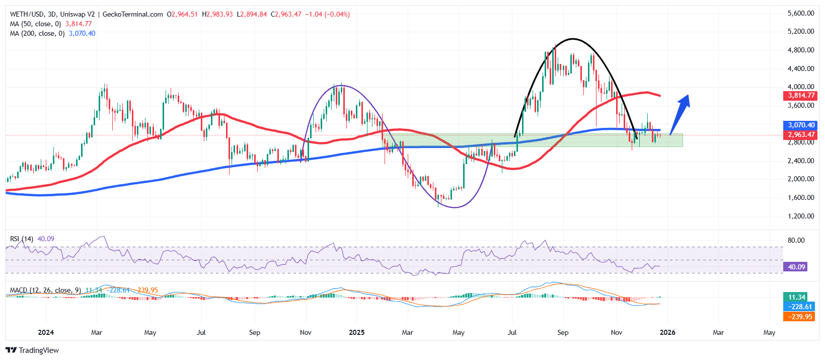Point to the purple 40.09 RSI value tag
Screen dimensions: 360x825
pos(795,267)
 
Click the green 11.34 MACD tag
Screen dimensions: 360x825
pos(798,297)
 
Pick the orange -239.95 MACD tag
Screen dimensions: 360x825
pos(798,316)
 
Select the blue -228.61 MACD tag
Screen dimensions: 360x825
pos(798,307)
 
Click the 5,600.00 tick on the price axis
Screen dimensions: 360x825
pos(801,13)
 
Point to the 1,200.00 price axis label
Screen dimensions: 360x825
pos(801,216)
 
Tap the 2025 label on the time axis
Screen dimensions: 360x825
pos(356,332)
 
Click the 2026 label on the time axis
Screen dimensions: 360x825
pos(667,332)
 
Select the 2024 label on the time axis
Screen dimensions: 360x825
pos(46,332)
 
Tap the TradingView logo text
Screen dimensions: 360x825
pos(39,350)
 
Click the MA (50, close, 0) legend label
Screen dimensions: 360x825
pos(35,24)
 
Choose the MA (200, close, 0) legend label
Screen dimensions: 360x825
pos(37,33)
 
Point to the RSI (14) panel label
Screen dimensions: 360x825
pos(22,239)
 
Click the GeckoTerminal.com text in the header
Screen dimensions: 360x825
pos(132,14)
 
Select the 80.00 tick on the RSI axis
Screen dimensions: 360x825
pos(796,240)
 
